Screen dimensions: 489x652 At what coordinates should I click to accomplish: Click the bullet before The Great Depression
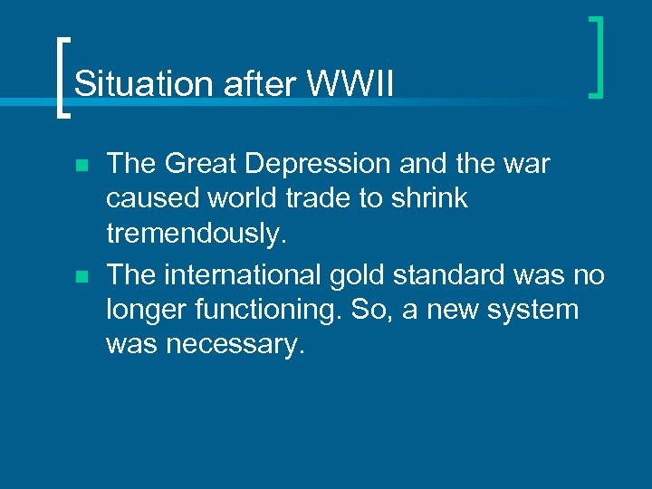coord(81,167)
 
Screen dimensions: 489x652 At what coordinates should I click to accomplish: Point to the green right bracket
coord(596,56)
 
